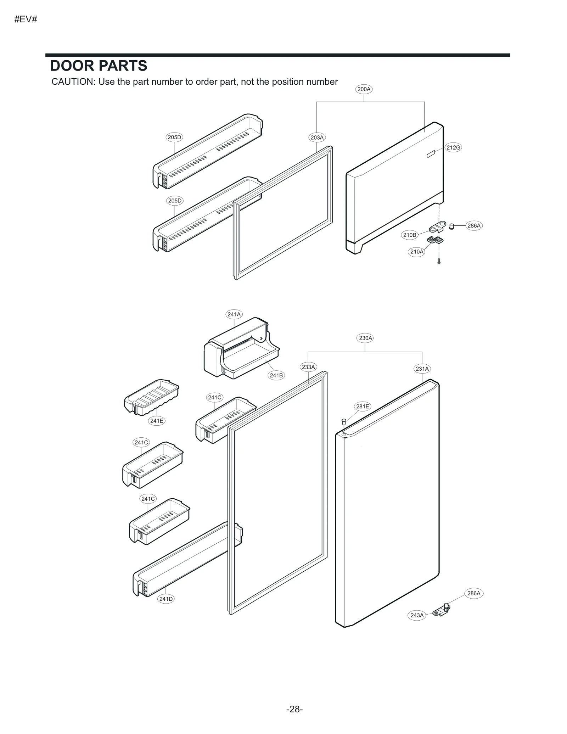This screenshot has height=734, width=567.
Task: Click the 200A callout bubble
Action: pyautogui.click(x=364, y=89)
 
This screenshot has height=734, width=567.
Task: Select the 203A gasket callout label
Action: pyautogui.click(x=317, y=138)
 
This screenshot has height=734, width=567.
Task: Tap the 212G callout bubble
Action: pyautogui.click(x=453, y=147)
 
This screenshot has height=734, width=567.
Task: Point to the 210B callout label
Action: pyautogui.click(x=409, y=235)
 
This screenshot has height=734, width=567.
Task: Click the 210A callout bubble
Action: pyautogui.click(x=416, y=252)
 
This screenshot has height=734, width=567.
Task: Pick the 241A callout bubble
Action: pyautogui.click(x=234, y=314)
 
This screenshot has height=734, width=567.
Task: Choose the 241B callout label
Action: pyautogui.click(x=276, y=375)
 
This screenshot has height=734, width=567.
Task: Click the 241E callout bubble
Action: pyautogui.click(x=157, y=421)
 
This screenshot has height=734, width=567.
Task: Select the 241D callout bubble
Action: pyautogui.click(x=166, y=599)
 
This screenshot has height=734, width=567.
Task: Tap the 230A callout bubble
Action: pyautogui.click(x=365, y=338)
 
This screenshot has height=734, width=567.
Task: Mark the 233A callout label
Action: pyautogui.click(x=308, y=367)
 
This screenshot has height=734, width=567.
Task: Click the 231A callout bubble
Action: pyautogui.click(x=422, y=369)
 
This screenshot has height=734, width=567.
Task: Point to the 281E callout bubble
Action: pyautogui.click(x=363, y=407)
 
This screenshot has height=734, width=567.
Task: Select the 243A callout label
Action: pyautogui.click(x=417, y=615)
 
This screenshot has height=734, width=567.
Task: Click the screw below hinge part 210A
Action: pyautogui.click(x=439, y=262)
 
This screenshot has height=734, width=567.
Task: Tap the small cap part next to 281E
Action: pyautogui.click(x=343, y=421)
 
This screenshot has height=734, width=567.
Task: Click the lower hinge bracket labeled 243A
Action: pyautogui.click(x=441, y=610)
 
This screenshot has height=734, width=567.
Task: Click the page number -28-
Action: pyautogui.click(x=294, y=709)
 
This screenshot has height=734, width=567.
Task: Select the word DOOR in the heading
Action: pyautogui.click(x=72, y=66)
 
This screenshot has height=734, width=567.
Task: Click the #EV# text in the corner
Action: pyautogui.click(x=26, y=19)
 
